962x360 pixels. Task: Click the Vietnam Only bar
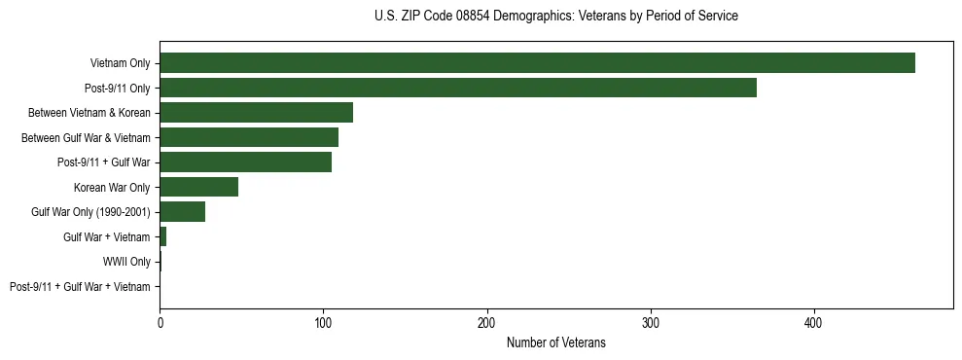[537, 63]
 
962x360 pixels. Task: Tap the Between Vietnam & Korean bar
[256, 113]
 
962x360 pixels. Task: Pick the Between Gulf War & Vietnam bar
[249, 137]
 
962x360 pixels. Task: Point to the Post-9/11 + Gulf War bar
[245, 162]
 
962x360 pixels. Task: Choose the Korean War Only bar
[198, 187]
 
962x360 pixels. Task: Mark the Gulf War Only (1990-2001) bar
[182, 212]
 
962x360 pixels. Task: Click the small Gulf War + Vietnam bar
[162, 236]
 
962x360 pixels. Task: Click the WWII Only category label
[126, 262]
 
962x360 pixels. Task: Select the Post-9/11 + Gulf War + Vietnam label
[80, 286]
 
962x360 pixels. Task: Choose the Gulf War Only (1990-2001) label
[91, 212]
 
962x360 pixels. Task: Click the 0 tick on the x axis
[160, 323]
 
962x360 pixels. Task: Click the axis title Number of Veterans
[555, 342]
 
